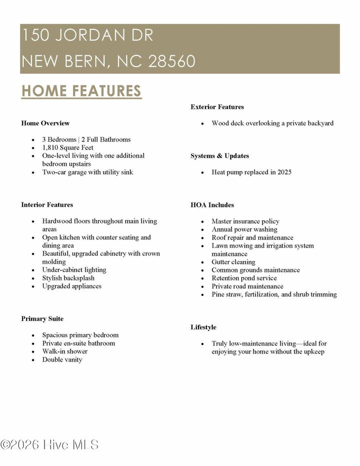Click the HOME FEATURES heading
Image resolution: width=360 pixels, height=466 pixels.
pos(81,91)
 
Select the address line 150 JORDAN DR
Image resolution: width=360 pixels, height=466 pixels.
pos(87,35)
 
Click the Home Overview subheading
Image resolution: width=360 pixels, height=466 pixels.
pos(45,123)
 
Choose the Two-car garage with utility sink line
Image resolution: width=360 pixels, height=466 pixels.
pos(87,172)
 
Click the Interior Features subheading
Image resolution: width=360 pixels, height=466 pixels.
pos(47,204)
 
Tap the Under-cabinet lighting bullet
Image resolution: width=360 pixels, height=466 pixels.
pos(74,270)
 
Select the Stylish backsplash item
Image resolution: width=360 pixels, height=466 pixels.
pos(68,278)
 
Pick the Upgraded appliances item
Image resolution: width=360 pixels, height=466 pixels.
pos(71,286)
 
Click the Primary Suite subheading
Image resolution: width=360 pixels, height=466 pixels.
pos(42,318)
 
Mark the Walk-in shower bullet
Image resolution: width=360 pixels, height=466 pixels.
pos(64,351)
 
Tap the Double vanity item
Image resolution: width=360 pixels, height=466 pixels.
pos(62,359)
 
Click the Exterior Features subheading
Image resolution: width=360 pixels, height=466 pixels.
pos(217,106)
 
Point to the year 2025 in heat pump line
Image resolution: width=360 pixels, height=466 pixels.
pos(283,172)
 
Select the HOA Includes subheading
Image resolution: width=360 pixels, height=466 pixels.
pos(212,205)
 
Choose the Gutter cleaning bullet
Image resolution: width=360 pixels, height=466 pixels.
pos(233,262)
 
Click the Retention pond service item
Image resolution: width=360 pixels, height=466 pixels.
pos(244,278)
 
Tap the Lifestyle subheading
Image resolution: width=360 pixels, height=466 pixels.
pos(203,327)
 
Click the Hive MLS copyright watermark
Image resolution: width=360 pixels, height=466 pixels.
pos(49,444)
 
